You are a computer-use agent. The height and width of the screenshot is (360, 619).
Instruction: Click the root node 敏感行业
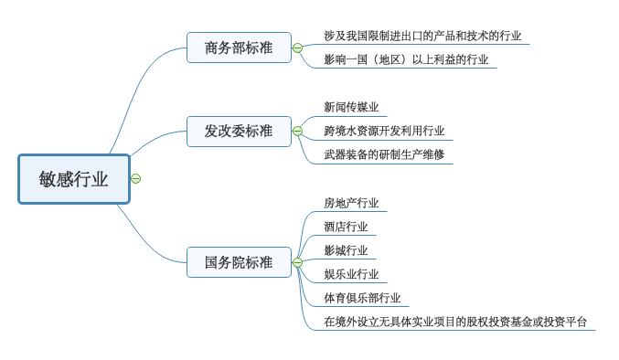(74, 179)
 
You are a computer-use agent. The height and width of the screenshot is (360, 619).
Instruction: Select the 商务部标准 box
(239, 48)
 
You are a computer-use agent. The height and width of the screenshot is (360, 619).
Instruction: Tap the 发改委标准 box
(239, 132)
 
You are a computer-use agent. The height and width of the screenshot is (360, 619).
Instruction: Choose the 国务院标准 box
(239, 262)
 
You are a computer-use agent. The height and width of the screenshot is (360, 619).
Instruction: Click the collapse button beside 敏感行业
(136, 178)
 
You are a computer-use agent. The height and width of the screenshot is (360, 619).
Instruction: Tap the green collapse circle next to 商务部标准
(298, 48)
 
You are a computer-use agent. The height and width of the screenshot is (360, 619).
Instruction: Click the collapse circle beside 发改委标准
(298, 132)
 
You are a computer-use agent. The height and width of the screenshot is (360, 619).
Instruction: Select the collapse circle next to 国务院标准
(298, 262)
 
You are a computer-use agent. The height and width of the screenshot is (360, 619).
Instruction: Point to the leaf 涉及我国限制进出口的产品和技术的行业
(422, 36)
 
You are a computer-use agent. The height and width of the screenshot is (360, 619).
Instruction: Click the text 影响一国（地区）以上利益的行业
(406, 59)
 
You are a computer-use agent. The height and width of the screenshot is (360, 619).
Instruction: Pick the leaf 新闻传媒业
(351, 107)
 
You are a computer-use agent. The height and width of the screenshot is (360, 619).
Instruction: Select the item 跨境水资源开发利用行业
(384, 131)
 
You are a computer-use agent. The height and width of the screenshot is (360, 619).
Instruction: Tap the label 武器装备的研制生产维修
(384, 154)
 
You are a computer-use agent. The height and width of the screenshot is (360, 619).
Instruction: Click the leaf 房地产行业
(351, 203)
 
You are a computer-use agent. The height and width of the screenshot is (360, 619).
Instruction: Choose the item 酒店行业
(346, 227)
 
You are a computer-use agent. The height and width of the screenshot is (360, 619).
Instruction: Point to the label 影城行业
(346, 250)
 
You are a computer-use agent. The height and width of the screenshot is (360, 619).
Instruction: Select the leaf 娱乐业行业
(351, 273)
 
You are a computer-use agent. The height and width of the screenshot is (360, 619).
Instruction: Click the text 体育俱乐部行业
(362, 298)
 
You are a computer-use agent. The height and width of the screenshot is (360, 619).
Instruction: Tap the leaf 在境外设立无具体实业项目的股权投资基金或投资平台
(455, 322)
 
